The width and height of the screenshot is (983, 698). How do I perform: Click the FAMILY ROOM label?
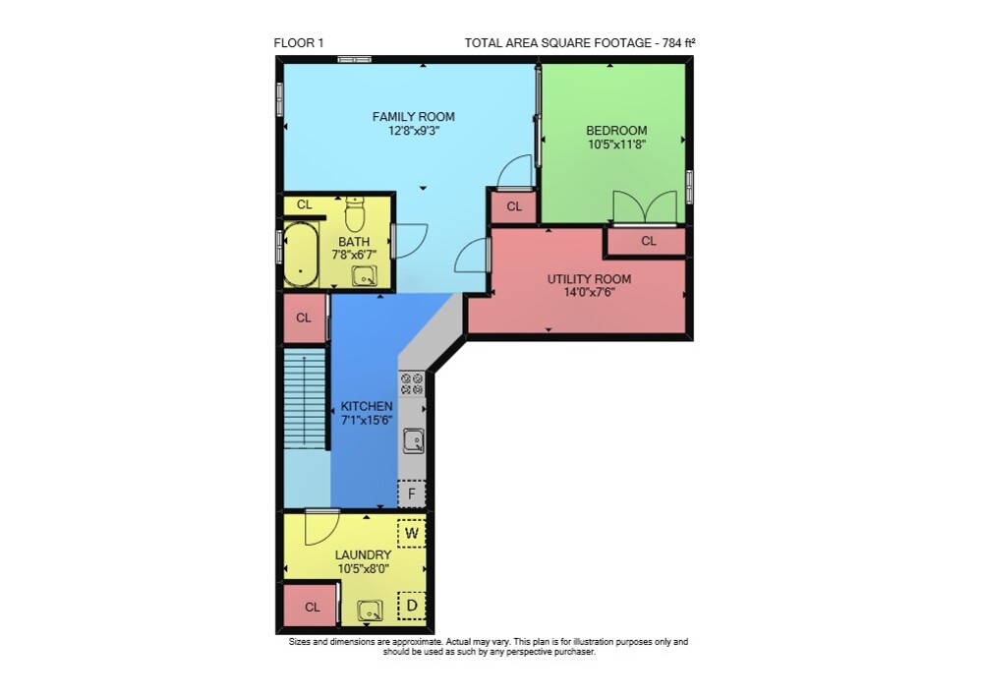click(413, 117)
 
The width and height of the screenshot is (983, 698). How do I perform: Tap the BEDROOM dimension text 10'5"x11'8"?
click(616, 145)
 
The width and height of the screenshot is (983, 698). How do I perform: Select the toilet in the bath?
click(355, 214)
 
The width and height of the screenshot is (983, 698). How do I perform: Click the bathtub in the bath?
click(301, 255)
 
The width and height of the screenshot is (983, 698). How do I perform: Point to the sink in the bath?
click(365, 276)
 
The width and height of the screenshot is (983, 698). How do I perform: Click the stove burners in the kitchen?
click(412, 383)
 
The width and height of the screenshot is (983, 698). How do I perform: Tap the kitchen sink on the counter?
click(413, 440)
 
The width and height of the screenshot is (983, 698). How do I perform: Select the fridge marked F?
click(412, 494)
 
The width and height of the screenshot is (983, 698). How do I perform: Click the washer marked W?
click(412, 534)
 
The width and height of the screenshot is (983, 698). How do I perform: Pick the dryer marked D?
click(412, 606)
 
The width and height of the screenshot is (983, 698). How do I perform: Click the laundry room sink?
click(370, 611)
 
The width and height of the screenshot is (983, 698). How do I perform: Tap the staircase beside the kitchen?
click(305, 399)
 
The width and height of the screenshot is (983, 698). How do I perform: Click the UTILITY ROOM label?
click(589, 279)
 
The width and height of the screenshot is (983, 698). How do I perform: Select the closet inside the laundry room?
click(311, 606)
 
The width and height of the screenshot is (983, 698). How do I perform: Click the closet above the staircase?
click(305, 318)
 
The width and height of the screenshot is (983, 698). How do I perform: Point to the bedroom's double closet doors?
click(645, 207)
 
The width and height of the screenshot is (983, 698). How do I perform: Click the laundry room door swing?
click(322, 527)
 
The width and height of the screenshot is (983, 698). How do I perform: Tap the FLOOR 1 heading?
click(299, 43)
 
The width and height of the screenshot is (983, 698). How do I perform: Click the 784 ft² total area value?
click(679, 43)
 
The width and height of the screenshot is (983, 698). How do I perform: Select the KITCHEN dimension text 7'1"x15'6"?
click(367, 420)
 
